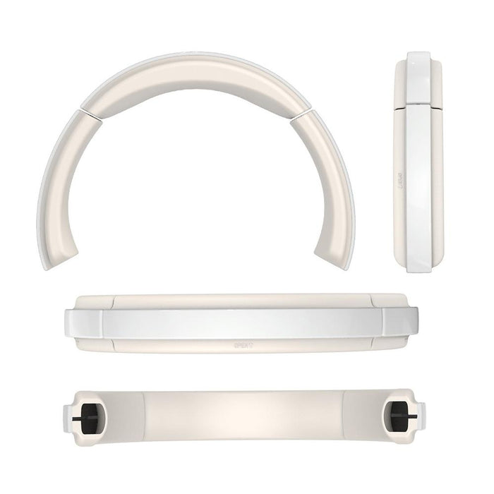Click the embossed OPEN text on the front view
243,347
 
